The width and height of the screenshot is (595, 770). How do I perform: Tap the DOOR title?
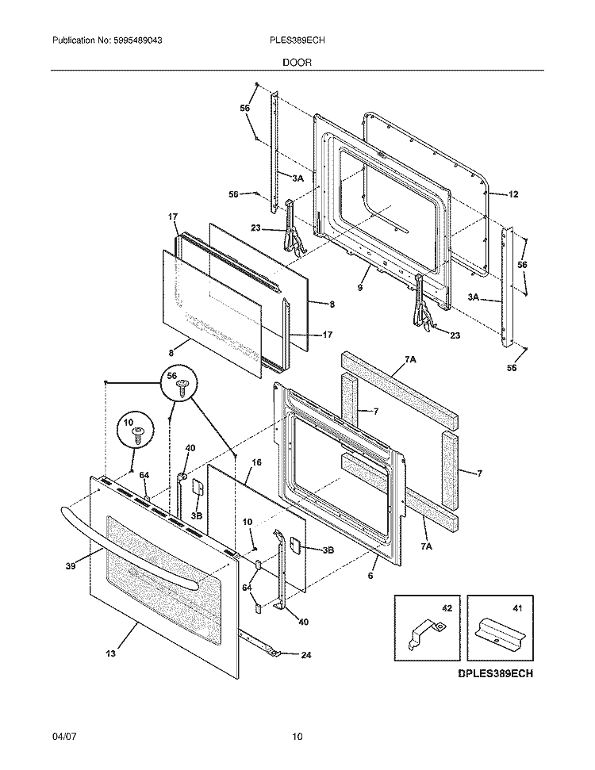(297, 61)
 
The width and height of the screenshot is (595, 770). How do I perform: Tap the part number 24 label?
(306, 654)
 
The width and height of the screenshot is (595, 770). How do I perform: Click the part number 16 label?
(256, 462)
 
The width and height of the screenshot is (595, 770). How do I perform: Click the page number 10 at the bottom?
(297, 737)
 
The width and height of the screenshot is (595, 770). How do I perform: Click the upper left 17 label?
(172, 216)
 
